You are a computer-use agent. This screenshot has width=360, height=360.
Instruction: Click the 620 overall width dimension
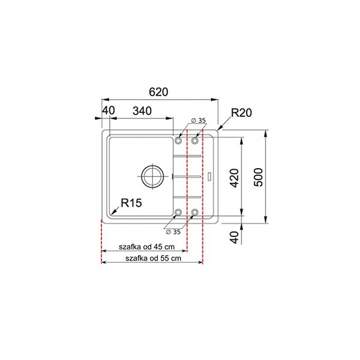[x=158, y=92]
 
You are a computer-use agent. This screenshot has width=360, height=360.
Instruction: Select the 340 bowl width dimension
[x=142, y=111]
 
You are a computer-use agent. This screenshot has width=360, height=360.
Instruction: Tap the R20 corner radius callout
[x=241, y=113]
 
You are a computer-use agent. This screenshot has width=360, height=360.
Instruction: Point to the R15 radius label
[x=131, y=203]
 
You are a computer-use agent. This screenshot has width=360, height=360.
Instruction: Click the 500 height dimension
[x=259, y=177]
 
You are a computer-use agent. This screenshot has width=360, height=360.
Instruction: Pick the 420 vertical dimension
[x=235, y=178]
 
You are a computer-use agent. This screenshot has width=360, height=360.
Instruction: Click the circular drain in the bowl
[x=152, y=176]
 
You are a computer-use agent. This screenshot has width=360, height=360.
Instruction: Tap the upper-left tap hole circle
[x=178, y=140]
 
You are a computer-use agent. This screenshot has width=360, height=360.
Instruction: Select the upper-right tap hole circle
[x=195, y=140]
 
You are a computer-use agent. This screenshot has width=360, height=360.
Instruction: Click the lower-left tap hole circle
[x=178, y=212]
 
